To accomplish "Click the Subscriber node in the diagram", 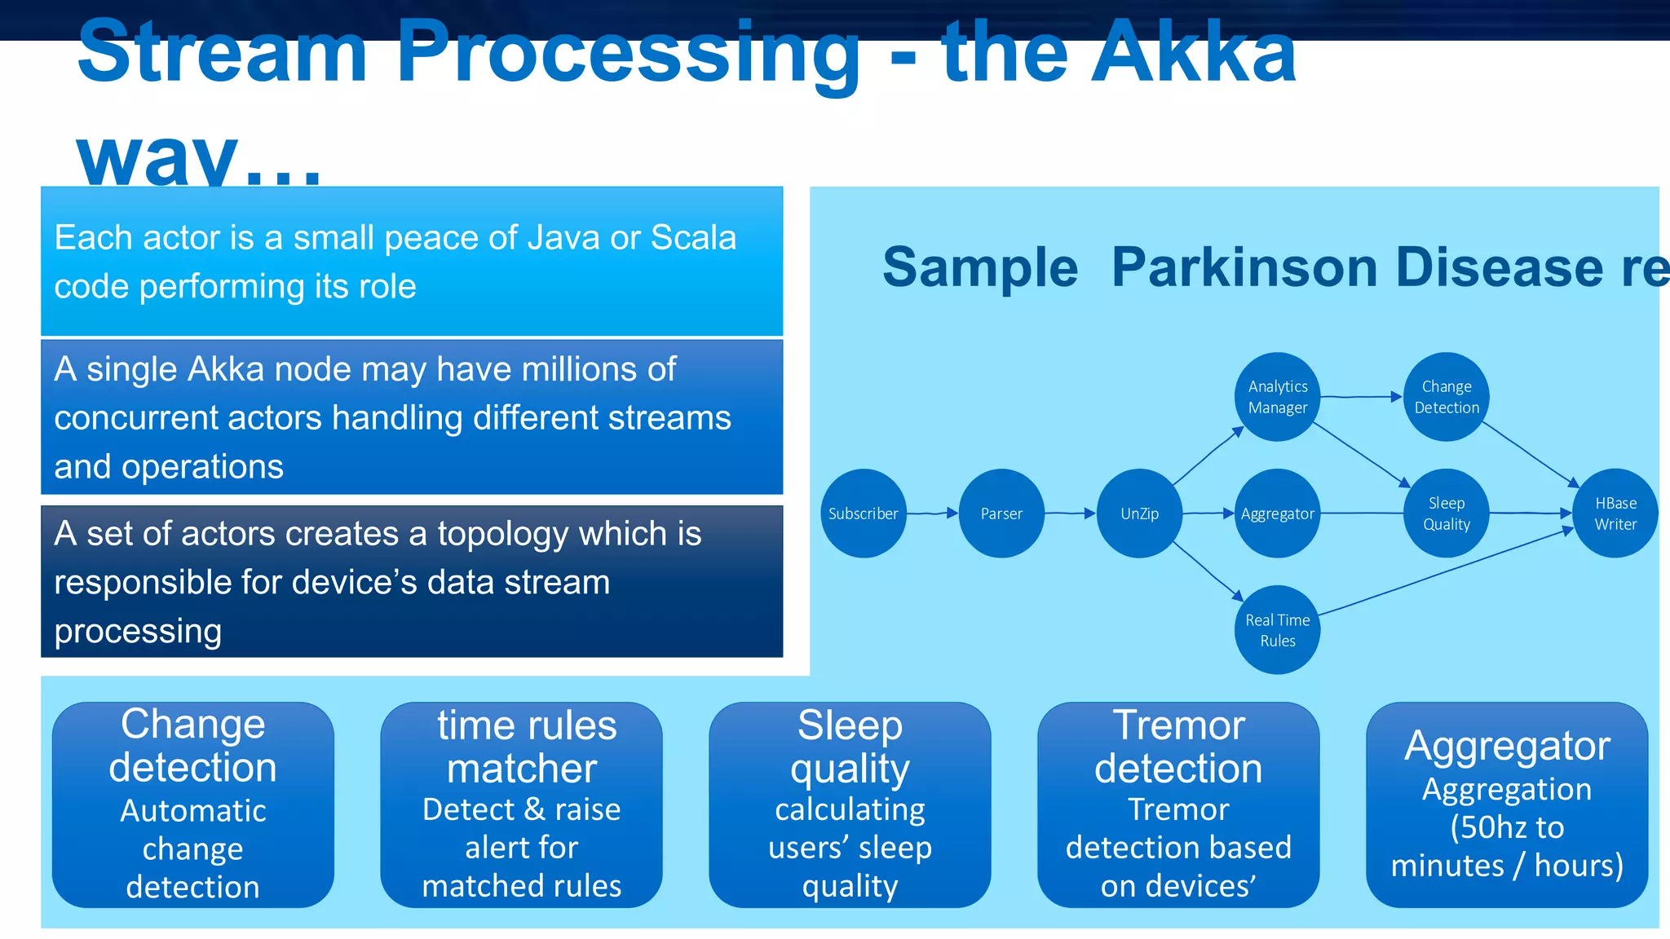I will [863, 514].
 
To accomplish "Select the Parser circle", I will [1001, 514].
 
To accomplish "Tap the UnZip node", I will [1139, 514].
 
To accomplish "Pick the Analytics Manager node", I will [1278, 397].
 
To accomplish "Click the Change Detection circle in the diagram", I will [1447, 397].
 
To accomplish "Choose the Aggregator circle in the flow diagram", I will [1278, 514].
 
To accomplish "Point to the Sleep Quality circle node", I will [1447, 514].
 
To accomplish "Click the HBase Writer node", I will [1615, 514].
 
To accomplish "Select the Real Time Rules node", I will [1278, 630].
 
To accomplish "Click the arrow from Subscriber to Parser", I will [932, 514].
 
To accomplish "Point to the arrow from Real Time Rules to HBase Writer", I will [1443, 571].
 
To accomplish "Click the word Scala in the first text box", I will [693, 238].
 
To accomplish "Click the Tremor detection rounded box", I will [1178, 805].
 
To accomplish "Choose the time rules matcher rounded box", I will [522, 805].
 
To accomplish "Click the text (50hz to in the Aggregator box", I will [1507, 827].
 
